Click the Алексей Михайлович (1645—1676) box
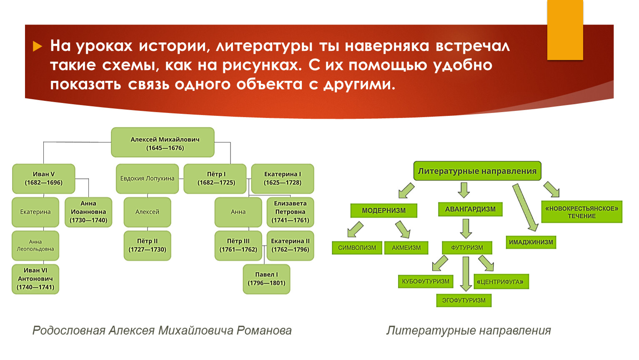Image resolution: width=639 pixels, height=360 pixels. tap(163, 142)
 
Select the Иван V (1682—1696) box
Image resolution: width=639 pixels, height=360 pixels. tap(44, 179)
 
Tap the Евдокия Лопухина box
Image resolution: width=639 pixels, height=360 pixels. tap(147, 179)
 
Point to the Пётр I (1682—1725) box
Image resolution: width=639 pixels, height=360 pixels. tap(215, 179)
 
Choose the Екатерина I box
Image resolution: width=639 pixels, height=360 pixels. tap(283, 179)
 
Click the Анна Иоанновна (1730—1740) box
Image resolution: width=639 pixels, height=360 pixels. tap(88, 212)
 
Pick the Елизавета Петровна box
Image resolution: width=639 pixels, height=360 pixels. tap(290, 212)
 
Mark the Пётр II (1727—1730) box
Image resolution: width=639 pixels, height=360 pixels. tap(147, 245)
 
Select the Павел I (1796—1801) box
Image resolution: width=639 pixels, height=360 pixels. tap(266, 279)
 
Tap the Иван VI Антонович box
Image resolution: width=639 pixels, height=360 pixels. tap(35, 279)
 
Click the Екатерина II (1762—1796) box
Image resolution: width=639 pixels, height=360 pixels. tap(290, 245)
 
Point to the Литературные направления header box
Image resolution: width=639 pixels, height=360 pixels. tap(477, 171)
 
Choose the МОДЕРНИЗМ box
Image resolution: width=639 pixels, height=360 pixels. tap(383, 210)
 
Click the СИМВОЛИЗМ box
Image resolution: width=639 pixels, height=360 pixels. tap(357, 247)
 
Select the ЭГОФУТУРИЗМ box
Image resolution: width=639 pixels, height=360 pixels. tap(464, 300)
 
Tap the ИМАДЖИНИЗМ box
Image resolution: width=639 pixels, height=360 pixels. tap(531, 242)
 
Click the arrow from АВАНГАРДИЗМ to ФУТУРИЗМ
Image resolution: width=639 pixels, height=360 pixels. tap(466, 228)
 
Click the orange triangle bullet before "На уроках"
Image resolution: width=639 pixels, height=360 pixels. tap(38, 46)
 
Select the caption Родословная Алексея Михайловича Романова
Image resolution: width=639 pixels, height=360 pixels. tap(162, 330)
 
